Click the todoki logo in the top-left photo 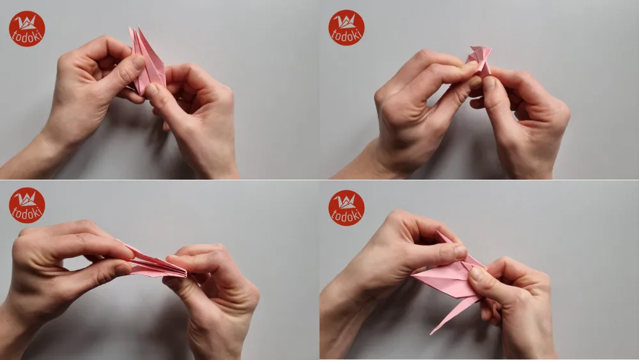pos(27,29)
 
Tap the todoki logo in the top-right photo pos(346,27)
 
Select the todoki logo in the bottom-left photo pos(27,205)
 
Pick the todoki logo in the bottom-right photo pos(346,208)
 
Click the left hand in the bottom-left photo pos(64,262)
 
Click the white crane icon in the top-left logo pos(27,22)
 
